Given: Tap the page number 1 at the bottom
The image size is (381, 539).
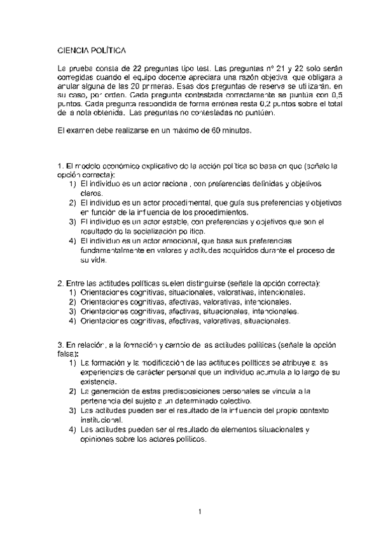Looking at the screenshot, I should pyautogui.click(x=200, y=511).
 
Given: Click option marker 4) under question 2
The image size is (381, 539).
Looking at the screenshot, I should pyautogui.click(x=72, y=321).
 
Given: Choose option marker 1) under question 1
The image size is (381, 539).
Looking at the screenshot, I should pyautogui.click(x=72, y=184).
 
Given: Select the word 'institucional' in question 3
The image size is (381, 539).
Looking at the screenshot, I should pyautogui.click(x=100, y=420).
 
